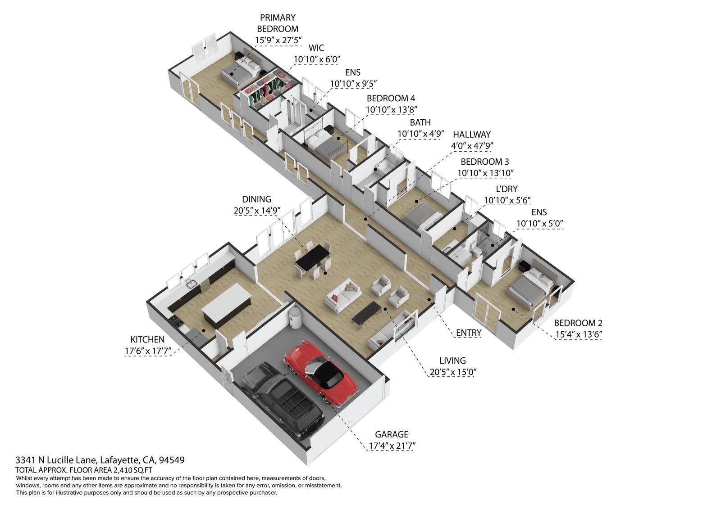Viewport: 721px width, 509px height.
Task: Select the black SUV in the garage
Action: (282, 399)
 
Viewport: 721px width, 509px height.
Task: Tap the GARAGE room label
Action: (392, 434)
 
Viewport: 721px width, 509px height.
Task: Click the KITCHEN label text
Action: (147, 340)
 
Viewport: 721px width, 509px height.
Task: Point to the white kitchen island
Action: (226, 303)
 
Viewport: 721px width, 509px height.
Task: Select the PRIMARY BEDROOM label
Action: (278, 23)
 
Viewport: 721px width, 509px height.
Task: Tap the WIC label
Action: (316, 48)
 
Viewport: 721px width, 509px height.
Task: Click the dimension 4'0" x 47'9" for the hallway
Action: (471, 146)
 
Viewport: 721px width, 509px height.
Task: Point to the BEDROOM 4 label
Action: (391, 98)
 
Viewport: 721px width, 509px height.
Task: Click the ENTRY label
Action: (469, 333)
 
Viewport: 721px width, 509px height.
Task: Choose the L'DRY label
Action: (507, 189)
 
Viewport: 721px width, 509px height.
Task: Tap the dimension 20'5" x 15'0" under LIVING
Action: (452, 372)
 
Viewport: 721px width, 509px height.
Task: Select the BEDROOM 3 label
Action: (484, 162)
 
